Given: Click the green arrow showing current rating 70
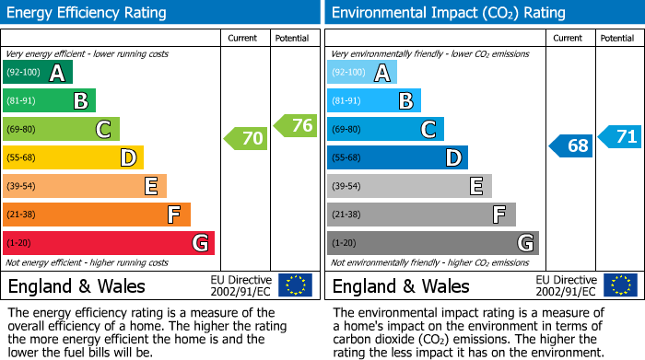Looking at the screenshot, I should pyautogui.click(x=245, y=139).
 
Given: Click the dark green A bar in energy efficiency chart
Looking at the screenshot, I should pyautogui.click(x=38, y=73).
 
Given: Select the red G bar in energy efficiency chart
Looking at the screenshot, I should pyautogui.click(x=109, y=243).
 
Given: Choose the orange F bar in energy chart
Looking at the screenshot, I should pyautogui.click(x=97, y=215).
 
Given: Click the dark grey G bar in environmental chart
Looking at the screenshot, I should pyautogui.click(x=432, y=243).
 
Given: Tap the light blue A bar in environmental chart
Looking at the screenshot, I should pyautogui.click(x=362, y=73).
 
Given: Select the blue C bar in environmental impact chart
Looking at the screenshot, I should pyautogui.click(x=385, y=130).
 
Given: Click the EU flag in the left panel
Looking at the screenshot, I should pyautogui.click(x=295, y=285).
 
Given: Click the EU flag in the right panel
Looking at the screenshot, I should pyautogui.click(x=620, y=285).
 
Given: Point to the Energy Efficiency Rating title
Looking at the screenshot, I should pyautogui.click(x=88, y=13).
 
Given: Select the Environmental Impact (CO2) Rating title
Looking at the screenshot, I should pyautogui.click(x=448, y=13).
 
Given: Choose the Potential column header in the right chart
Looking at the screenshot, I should pyautogui.click(x=617, y=38).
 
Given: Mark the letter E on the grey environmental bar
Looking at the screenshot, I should pyautogui.click(x=475, y=186).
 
